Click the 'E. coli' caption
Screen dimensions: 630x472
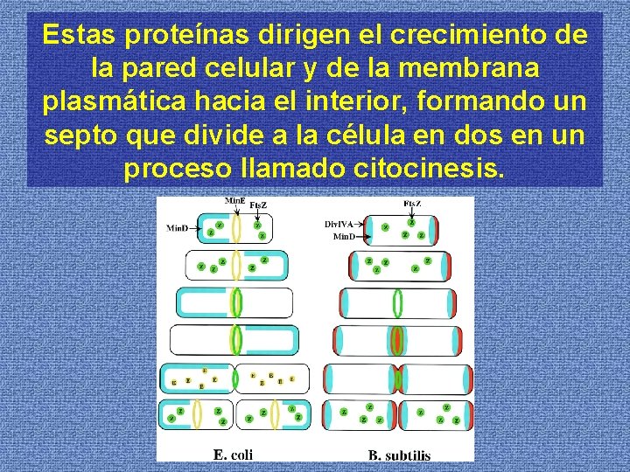pos(233,453)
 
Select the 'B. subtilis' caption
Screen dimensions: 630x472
pos(399,455)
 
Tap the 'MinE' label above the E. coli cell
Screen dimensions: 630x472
pos(234,200)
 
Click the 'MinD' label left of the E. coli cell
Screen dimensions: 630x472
pos(178,228)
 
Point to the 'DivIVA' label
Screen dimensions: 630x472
pos(339,225)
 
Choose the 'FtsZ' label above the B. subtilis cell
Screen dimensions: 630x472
pos(413,203)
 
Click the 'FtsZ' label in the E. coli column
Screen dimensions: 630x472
pos(258,205)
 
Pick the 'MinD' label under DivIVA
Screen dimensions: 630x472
pos(344,236)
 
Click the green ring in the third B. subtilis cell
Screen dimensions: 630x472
pos(398,302)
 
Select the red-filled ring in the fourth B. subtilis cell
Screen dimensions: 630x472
pos(398,340)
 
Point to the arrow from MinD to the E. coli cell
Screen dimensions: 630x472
pos(196,229)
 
